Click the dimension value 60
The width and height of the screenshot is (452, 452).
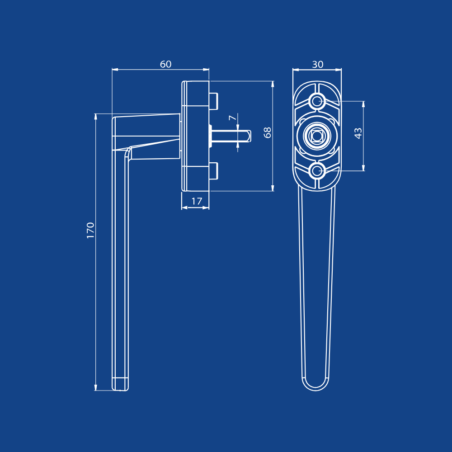coord(166,64)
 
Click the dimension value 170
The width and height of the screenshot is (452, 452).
coord(90,231)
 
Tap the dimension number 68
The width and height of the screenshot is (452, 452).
coord(268,132)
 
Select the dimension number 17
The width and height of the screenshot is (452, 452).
coord(197,201)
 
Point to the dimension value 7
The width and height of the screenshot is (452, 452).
coord(233,118)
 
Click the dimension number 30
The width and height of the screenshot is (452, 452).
coord(318,65)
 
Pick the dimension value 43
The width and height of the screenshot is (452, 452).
coord(358,133)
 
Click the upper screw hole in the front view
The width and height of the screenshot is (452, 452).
coord(317,101)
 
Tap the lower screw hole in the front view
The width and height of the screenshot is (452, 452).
coord(317,171)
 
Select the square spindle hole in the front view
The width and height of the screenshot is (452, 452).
coord(317,136)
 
